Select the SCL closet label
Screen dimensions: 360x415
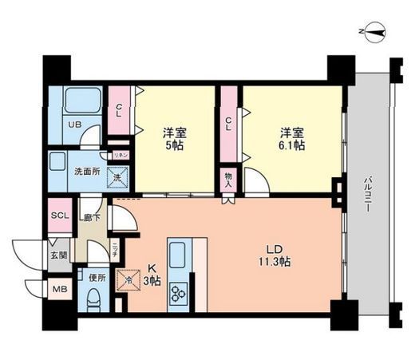60,216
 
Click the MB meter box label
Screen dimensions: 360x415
59,288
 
